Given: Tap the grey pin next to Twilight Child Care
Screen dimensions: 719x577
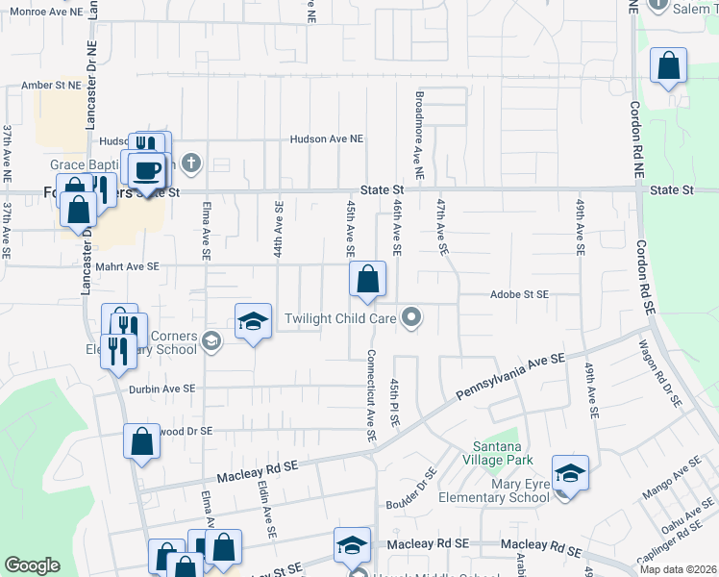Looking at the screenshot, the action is tap(412, 316).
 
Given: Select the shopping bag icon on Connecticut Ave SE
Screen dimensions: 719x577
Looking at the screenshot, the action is tap(367, 281).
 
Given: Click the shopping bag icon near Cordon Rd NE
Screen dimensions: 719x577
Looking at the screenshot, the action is tap(668, 67).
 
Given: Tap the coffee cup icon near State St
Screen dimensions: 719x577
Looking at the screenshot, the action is tap(147, 170).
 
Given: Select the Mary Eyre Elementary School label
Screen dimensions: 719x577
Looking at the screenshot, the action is tap(493, 491).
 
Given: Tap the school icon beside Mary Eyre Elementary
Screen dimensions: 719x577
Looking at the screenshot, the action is tap(570, 474).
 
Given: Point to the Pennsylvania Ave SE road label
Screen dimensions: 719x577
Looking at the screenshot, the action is tap(509, 376).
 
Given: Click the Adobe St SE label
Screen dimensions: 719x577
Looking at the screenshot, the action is tap(518, 294).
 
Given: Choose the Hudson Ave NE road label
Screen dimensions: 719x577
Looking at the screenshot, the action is tap(327, 139).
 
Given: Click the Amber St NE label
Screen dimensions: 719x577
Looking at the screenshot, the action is tap(51, 86).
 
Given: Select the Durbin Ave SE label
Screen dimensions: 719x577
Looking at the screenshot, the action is tap(161, 389).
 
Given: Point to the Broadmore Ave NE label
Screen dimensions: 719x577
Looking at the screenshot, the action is tap(419, 137).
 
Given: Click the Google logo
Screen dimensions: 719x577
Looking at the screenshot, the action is tap(33, 565).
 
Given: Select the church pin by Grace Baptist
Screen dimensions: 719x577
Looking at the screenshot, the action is tap(191, 162).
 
